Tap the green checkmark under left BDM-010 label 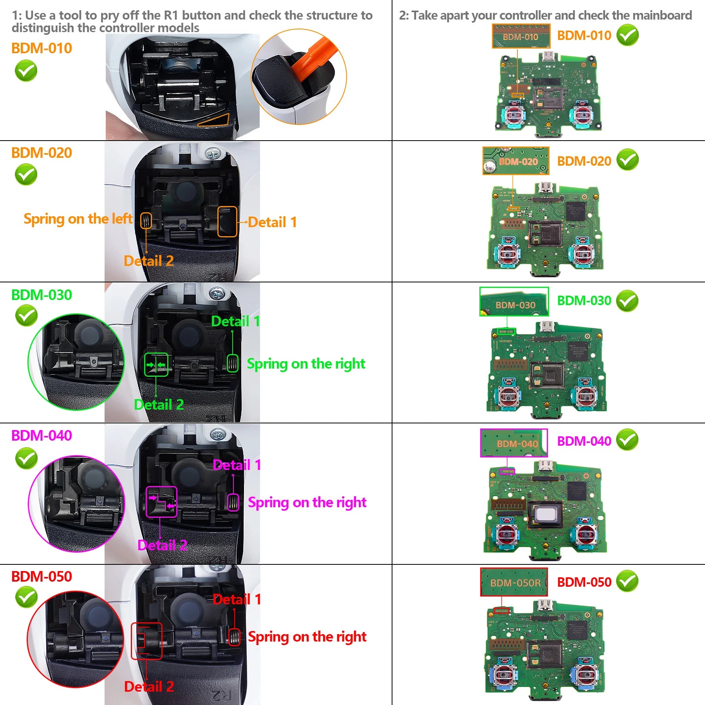(x=26, y=71)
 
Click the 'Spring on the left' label (x=78, y=219)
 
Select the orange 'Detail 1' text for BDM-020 (x=272, y=222)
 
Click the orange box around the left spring (x=146, y=221)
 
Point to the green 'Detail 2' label (x=159, y=405)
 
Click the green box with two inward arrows (x=156, y=365)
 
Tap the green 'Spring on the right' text (x=306, y=364)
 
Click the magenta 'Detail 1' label (x=237, y=465)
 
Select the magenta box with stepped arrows (x=161, y=502)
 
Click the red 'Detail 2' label (x=149, y=687)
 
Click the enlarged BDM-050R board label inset (x=514, y=582)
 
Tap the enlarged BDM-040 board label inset (x=514, y=443)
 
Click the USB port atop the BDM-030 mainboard (x=547, y=327)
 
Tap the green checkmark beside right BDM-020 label (x=627, y=160)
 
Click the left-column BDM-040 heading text (x=42, y=436)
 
